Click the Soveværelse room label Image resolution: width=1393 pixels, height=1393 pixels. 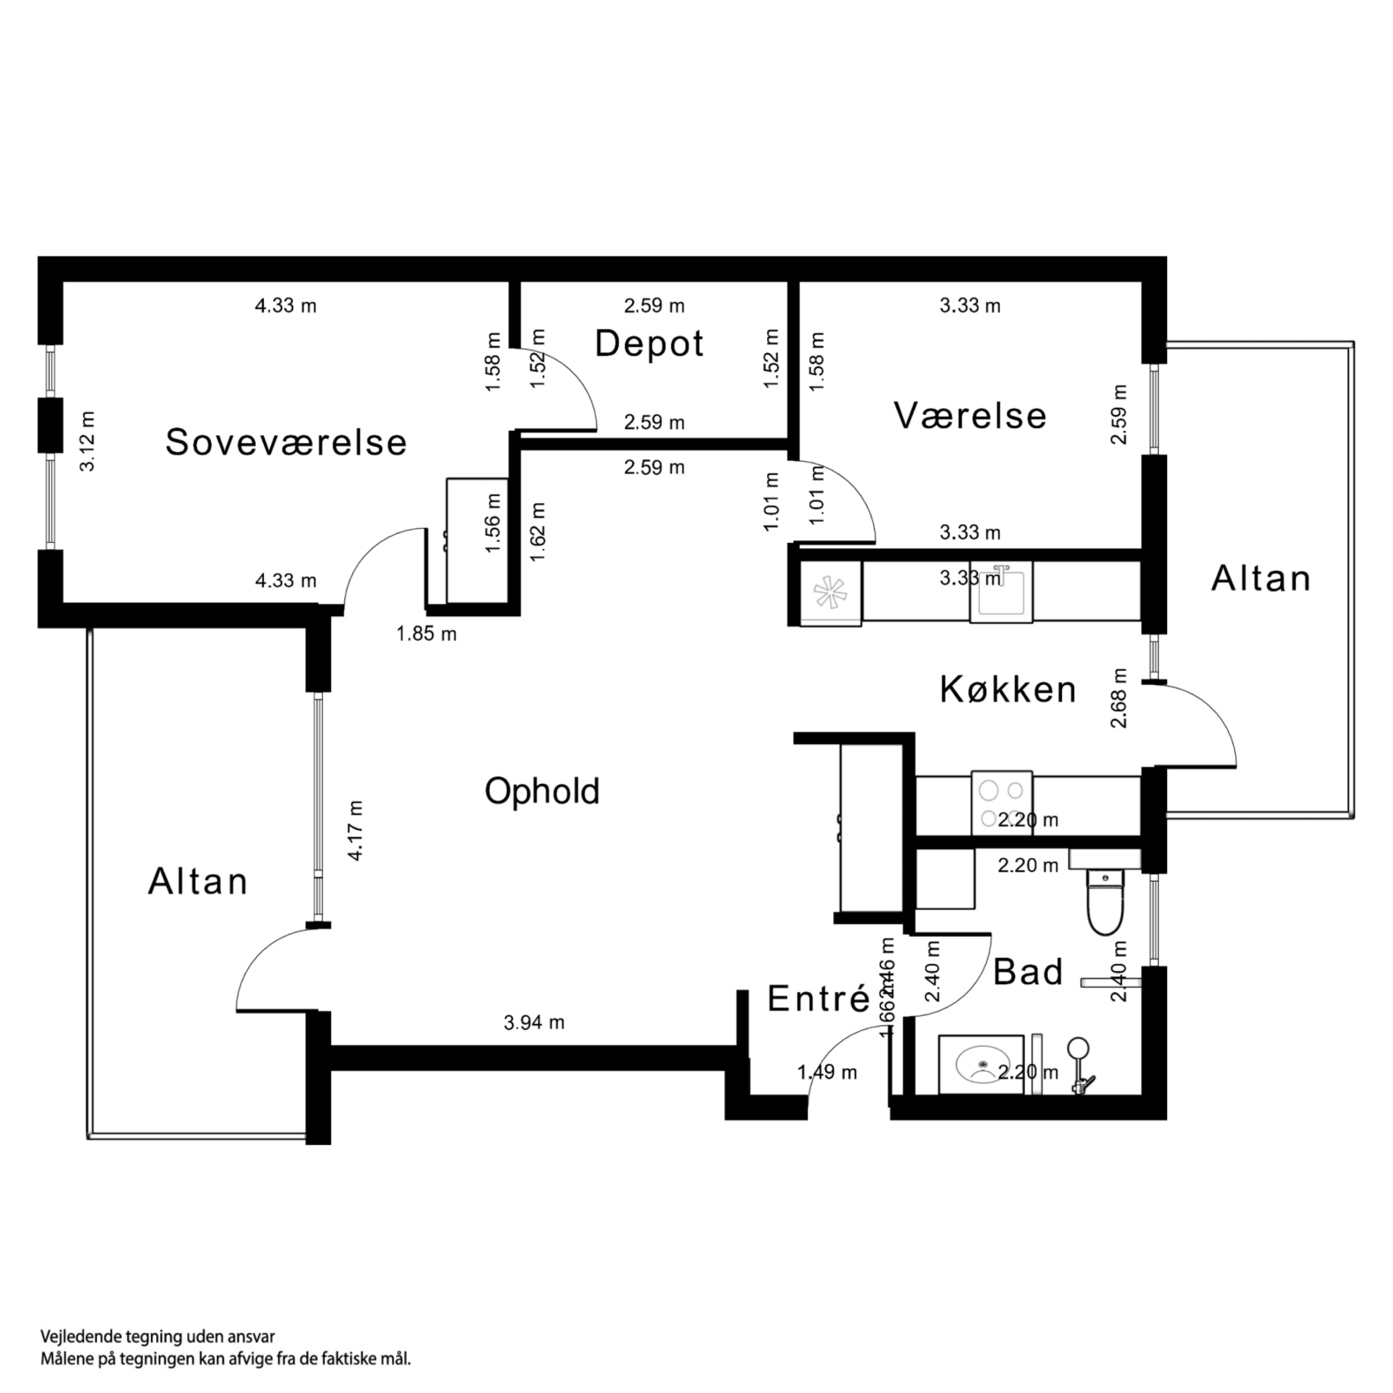[285, 441]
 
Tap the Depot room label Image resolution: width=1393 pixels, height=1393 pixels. [649, 343]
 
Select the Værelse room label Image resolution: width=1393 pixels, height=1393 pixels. [969, 415]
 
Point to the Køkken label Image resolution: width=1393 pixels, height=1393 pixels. [1007, 689]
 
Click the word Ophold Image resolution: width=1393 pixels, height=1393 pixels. [541, 790]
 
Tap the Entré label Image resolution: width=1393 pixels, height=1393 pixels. [818, 998]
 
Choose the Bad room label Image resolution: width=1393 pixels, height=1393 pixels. [1028, 972]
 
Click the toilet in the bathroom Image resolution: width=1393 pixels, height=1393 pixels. [1103, 900]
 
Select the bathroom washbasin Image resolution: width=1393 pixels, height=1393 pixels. [981, 1065]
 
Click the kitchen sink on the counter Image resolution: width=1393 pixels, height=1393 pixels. [1000, 591]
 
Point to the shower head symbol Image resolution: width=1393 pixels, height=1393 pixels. [1078, 1049]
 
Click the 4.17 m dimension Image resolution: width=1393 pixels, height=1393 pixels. [355, 830]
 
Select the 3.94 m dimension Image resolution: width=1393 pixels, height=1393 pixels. [533, 1022]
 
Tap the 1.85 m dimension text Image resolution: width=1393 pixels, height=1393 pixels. [426, 633]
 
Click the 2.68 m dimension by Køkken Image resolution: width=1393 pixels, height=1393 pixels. [1118, 697]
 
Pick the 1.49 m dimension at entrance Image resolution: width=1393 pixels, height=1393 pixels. [826, 1072]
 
